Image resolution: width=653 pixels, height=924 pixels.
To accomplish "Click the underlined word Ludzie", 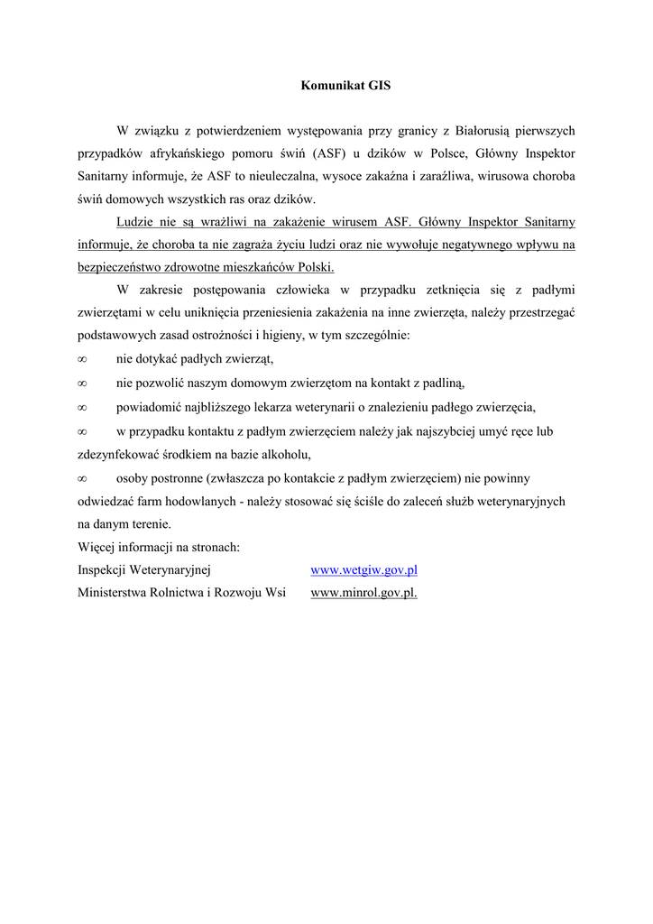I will click(136, 221).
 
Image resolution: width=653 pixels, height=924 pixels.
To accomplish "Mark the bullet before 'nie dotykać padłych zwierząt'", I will click(82, 359).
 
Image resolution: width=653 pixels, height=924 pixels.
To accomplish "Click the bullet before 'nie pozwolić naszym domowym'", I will click(82, 383).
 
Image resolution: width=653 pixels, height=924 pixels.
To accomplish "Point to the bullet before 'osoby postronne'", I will click(82, 477).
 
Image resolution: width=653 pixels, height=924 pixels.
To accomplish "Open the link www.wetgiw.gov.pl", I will click(363, 570).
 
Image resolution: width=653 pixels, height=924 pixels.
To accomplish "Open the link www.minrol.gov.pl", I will click(363, 593).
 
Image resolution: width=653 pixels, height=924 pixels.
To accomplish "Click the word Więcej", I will click(97, 547).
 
